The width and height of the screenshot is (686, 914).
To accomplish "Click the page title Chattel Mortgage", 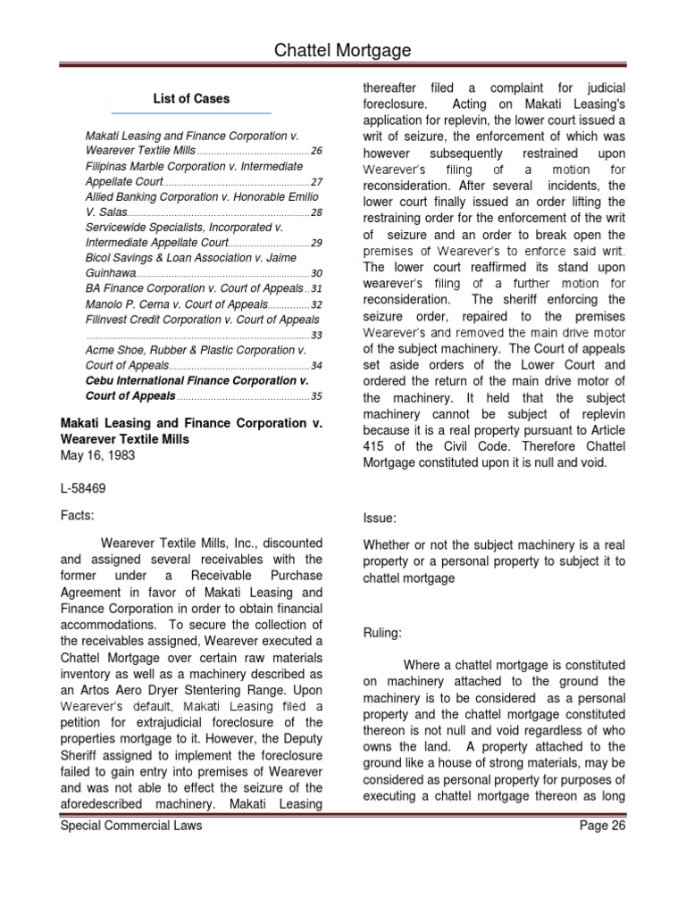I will click(x=343, y=51).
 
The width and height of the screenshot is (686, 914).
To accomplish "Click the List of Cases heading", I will click(x=192, y=99).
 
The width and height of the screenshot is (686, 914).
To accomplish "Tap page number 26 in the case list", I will click(x=316, y=151).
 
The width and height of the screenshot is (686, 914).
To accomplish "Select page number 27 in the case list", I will click(x=316, y=182).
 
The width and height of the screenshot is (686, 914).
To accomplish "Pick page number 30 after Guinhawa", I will click(x=316, y=273).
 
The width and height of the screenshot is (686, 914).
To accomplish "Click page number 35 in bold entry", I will click(x=316, y=396).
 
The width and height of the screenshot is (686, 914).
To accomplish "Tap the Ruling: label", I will click(x=383, y=633).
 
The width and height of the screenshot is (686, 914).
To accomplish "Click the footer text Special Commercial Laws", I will click(x=131, y=826).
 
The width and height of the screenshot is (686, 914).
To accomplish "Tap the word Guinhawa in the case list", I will click(x=111, y=273).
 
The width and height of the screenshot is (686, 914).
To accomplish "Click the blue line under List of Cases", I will click(x=191, y=113).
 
